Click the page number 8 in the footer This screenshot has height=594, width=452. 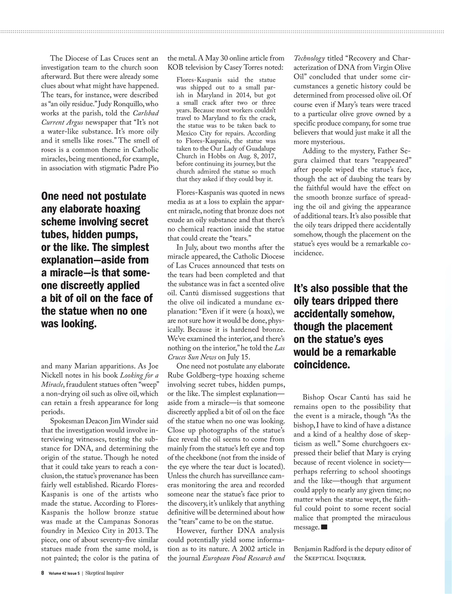43,573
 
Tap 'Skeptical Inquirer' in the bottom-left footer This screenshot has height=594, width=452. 104,573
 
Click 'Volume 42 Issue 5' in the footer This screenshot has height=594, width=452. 64,573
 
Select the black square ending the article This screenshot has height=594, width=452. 324,527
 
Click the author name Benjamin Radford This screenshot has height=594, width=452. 323,549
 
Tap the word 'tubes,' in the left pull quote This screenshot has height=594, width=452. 57,234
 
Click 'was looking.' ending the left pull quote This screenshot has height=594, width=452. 69,324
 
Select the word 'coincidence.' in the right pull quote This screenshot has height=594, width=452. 321,365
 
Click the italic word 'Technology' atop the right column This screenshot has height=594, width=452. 309,58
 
